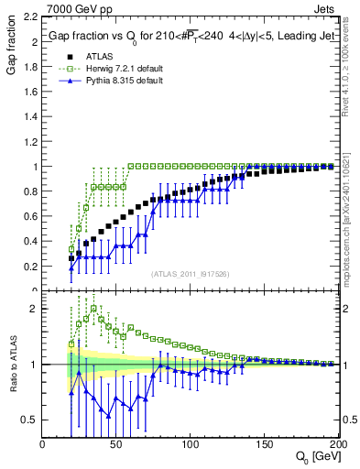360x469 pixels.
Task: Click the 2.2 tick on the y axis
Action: (29, 18)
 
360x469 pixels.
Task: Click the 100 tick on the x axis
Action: (190, 444)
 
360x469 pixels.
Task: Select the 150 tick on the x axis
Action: (264, 444)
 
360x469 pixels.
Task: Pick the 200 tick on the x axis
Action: (337, 444)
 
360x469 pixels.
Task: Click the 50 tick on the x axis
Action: (116, 444)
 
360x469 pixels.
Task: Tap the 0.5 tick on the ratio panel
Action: (29, 420)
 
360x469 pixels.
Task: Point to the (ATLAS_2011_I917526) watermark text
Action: (190, 272)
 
